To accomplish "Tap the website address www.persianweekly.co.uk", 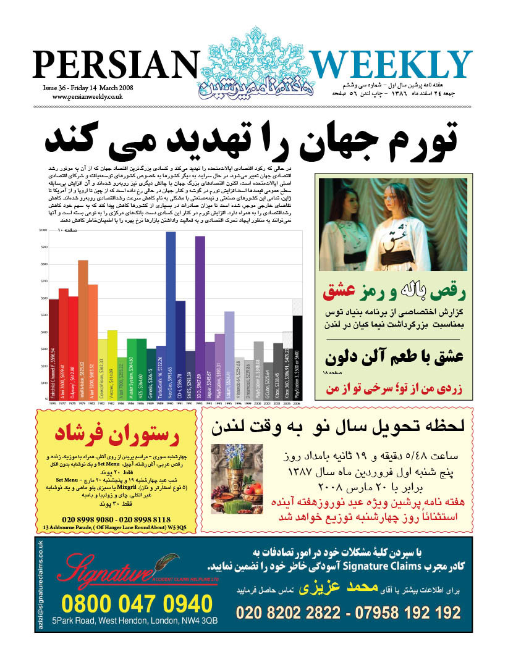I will tap(87, 97).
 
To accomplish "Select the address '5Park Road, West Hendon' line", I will tap(135, 621).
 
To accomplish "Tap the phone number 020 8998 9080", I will tap(87, 520).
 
